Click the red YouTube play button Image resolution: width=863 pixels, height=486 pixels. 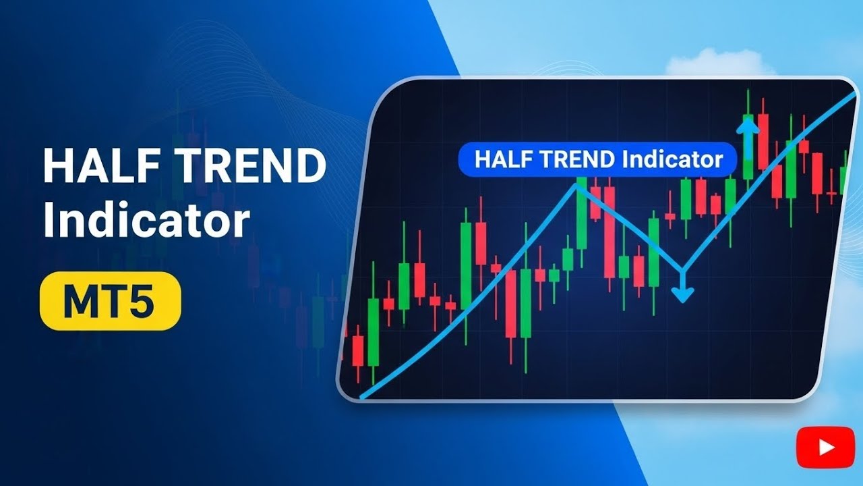816,446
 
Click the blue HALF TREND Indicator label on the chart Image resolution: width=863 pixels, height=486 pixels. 597,160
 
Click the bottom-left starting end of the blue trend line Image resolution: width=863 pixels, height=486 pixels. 363,397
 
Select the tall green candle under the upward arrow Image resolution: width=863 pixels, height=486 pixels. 747,145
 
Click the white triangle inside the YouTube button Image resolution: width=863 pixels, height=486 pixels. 816,446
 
